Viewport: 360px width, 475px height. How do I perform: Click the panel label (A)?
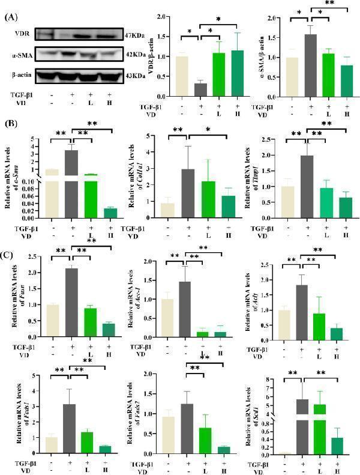[10, 18]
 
